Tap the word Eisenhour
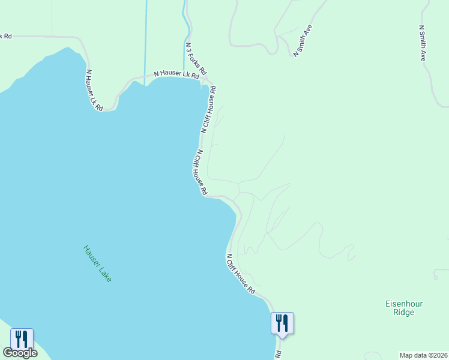point(404,304)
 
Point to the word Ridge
point(404,312)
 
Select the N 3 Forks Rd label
point(196,58)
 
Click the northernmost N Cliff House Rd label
point(208,109)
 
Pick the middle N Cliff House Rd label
point(201,172)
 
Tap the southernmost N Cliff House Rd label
point(241,274)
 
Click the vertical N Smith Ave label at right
point(423,43)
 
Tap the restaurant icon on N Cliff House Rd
point(282,323)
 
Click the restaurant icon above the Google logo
point(22,339)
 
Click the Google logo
point(20,353)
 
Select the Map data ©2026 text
point(423,355)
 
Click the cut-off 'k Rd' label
point(5,36)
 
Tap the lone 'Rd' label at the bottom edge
point(279,355)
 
